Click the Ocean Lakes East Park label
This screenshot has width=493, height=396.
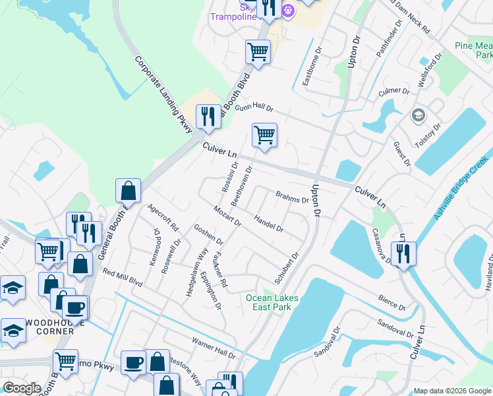(x=272, y=303)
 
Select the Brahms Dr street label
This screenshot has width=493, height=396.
(x=292, y=197)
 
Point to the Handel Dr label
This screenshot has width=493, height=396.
(x=268, y=224)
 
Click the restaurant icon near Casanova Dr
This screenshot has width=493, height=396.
(x=403, y=253)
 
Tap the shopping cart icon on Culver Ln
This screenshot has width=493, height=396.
(x=264, y=135)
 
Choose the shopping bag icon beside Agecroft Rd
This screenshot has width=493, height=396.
(x=129, y=191)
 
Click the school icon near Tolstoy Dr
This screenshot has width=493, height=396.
(x=418, y=116)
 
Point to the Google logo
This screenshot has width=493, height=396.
(x=22, y=388)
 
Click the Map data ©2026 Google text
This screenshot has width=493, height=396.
(x=451, y=391)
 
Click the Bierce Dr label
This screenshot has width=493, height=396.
(x=391, y=303)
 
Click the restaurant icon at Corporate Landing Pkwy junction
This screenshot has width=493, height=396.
(x=208, y=117)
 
